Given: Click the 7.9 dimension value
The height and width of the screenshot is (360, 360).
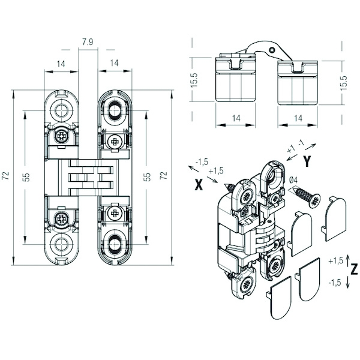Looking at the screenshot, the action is [x=88, y=42].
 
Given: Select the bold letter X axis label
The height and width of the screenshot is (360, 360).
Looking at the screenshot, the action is [x=199, y=185].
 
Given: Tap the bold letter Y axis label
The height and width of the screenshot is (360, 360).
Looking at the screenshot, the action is [x=307, y=161].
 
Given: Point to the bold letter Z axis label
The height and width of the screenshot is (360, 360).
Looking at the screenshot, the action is [x=354, y=269].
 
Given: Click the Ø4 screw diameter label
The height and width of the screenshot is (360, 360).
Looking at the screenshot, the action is [x=293, y=181].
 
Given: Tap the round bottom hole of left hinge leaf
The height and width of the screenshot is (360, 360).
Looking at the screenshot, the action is [x=61, y=244].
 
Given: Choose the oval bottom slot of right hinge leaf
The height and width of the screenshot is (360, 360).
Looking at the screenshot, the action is [x=115, y=245].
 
